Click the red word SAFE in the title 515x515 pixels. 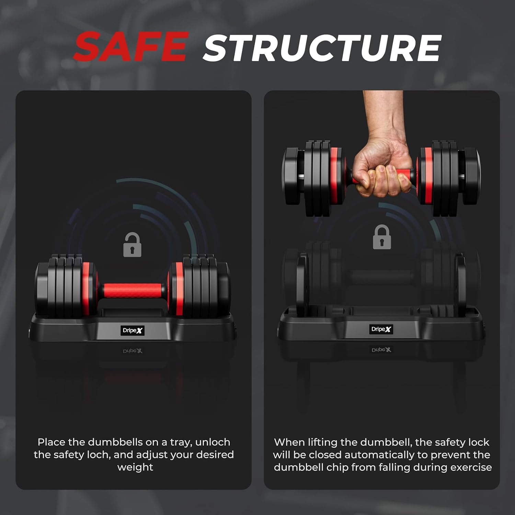[131, 46]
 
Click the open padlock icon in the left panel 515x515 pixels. [132, 244]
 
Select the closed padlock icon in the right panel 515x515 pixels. [382, 237]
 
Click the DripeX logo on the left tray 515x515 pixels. [133, 330]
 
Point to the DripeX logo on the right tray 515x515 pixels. [381, 329]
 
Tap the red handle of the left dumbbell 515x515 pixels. [133, 290]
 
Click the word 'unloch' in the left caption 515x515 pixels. [213, 442]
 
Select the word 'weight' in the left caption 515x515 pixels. [135, 467]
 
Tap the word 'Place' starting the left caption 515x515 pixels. [51, 442]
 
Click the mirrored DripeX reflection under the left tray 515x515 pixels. [133, 351]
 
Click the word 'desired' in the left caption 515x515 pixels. [214, 455]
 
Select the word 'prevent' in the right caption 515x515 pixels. [450, 455]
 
